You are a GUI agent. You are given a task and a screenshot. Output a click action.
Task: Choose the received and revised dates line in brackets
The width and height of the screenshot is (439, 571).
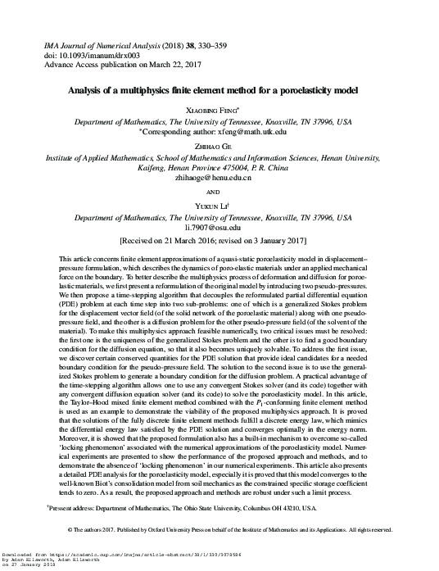click(x=219, y=242)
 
